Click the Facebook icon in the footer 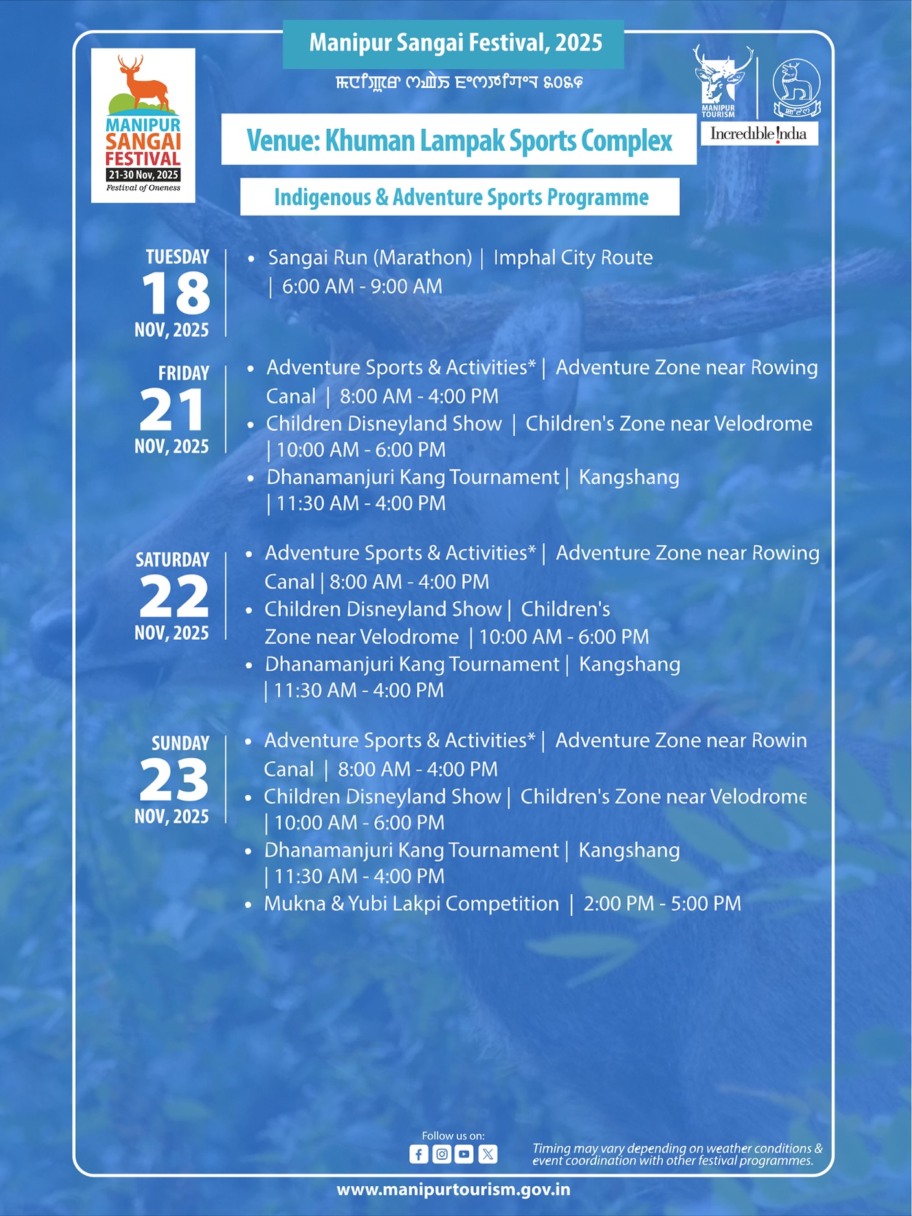click(419, 1154)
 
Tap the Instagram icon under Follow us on click(441, 1154)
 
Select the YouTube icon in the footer click(464, 1154)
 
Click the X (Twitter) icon click(487, 1154)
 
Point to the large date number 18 click(175, 293)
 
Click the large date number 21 click(172, 410)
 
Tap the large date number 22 click(173, 596)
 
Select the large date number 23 click(173, 780)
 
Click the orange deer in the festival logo click(144, 84)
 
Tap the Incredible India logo click(759, 134)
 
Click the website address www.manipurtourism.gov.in click(453, 1189)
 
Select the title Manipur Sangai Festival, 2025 click(455, 43)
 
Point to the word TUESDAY click(177, 257)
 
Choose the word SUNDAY click(180, 743)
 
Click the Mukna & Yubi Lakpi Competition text click(411, 903)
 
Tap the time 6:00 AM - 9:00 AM click(362, 286)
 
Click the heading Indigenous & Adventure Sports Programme click(461, 197)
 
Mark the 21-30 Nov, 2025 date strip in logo click(143, 175)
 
